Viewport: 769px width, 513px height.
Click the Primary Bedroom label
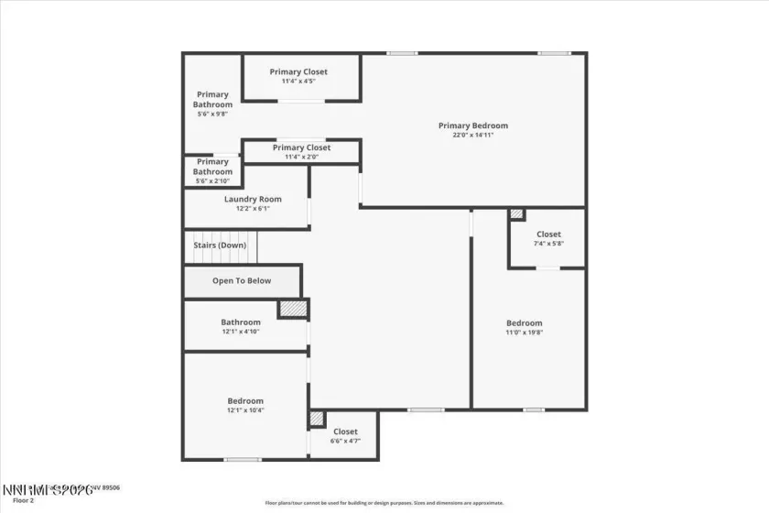(472, 126)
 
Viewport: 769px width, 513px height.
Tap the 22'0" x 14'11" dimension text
(472, 136)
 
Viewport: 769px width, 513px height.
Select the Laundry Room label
(253, 199)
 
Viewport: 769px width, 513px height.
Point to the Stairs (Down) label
(220, 245)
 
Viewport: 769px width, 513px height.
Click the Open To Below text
(242, 280)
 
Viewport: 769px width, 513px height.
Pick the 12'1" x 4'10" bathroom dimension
(241, 332)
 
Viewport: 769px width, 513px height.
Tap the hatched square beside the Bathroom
(292, 309)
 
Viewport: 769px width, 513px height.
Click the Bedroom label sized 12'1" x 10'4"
(245, 400)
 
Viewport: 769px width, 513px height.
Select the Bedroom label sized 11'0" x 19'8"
(525, 322)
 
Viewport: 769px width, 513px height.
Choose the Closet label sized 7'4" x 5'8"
(548, 235)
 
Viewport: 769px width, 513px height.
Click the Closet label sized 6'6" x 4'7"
(345, 431)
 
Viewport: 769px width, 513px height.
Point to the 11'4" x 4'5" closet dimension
(298, 82)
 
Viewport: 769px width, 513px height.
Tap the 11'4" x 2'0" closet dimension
(301, 157)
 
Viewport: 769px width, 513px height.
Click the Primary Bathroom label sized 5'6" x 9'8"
(212, 99)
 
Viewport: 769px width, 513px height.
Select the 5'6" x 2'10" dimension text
(212, 180)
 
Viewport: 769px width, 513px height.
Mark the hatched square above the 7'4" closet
(517, 214)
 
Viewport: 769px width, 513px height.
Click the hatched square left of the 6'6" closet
(317, 419)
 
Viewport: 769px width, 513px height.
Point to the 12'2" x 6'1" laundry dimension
(253, 209)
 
